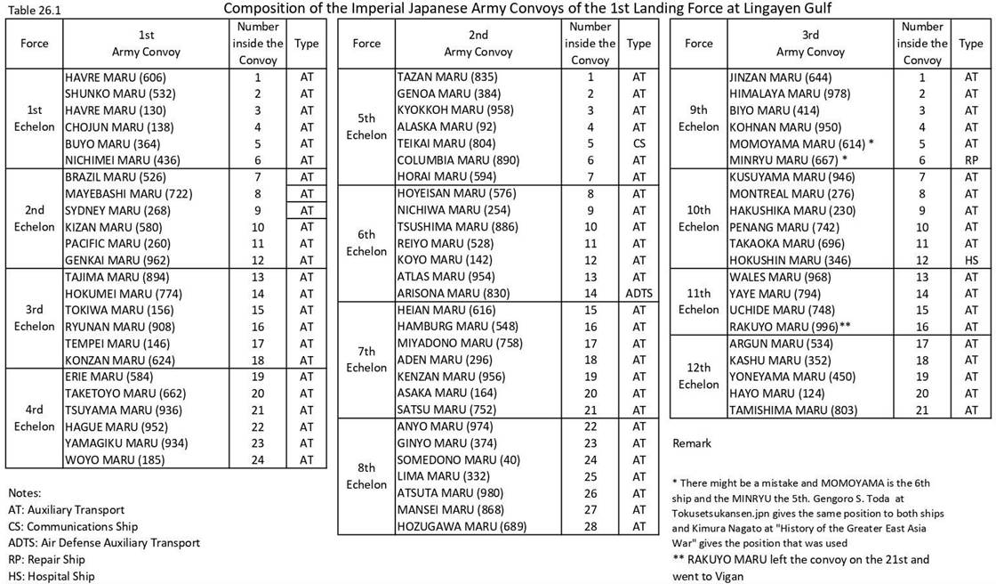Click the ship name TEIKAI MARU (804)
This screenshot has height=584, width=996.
point(442,143)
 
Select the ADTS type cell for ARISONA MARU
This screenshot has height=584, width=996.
point(638,293)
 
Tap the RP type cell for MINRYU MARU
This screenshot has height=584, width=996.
point(970,160)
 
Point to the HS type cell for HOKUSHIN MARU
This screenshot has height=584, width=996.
point(970,260)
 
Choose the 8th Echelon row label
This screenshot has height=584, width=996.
point(366,476)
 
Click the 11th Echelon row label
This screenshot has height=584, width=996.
point(698,301)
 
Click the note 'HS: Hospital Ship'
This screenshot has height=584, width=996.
point(52,576)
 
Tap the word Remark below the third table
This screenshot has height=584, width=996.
point(692,442)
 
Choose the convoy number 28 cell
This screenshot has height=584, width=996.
point(590,526)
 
